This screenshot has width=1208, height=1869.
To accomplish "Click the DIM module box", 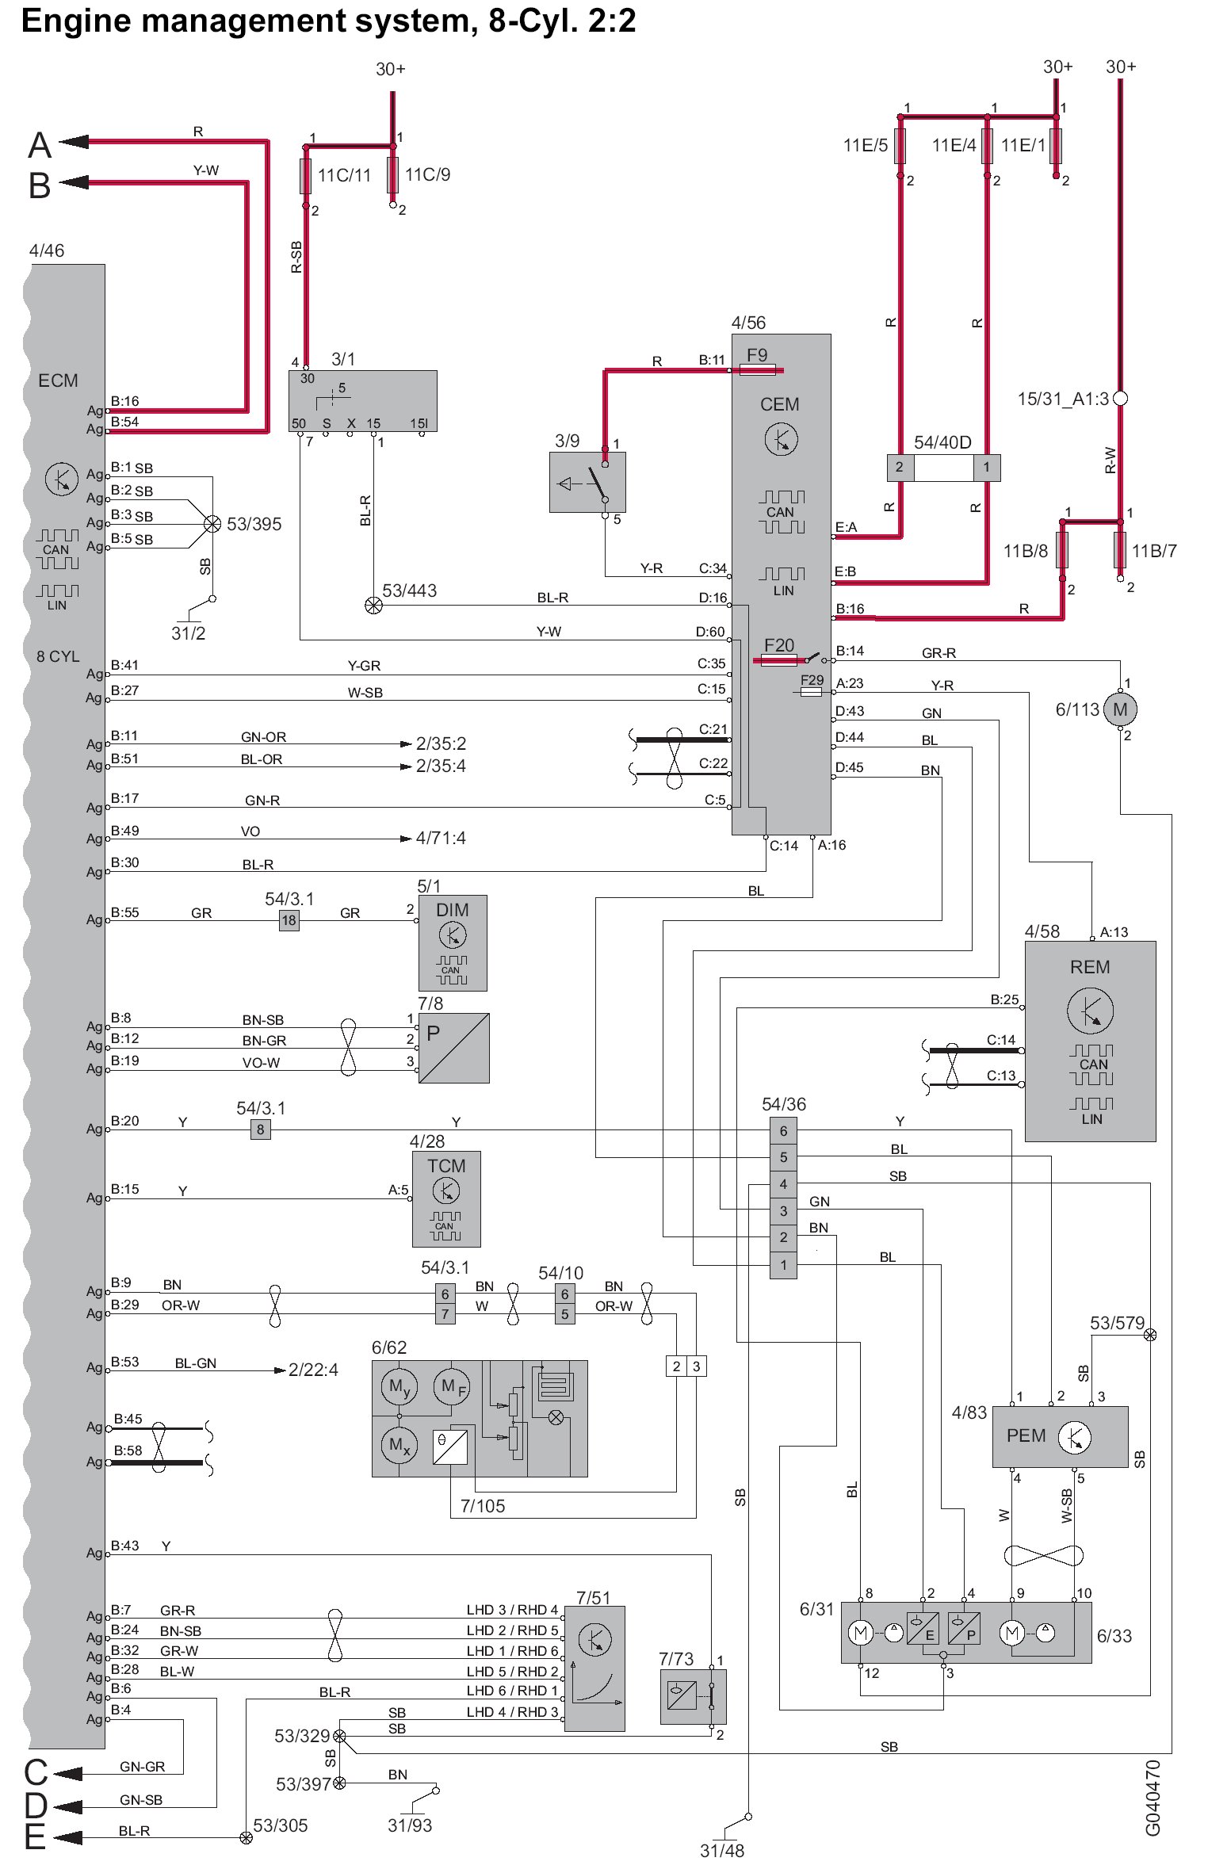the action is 453,943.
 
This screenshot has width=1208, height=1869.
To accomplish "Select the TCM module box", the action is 446,1199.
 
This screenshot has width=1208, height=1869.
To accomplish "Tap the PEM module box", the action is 1060,1436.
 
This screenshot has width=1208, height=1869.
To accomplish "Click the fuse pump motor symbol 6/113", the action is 1120,709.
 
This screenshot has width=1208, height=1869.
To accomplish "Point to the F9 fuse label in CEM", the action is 757,355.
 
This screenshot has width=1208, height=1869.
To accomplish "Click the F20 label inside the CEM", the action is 779,645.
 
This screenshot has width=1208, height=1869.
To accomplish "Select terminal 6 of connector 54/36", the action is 783,1131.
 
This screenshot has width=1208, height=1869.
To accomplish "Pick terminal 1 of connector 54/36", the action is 783,1265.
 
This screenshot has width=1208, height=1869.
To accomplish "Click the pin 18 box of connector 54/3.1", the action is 289,920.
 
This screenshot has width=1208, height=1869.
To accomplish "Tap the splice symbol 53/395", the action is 212,524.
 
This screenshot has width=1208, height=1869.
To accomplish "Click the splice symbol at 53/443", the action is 373,606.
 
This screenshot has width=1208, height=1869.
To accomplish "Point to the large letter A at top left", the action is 40,146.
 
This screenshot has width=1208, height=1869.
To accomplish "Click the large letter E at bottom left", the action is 35,1837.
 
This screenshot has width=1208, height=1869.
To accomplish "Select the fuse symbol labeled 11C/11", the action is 305,176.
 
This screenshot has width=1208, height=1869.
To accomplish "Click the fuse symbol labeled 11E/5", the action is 900,146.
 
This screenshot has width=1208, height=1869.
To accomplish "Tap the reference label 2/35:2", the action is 441,743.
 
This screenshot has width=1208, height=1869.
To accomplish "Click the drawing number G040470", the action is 1153,1798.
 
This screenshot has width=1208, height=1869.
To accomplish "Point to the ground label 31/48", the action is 722,1851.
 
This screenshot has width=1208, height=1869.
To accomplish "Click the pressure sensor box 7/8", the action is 454,1048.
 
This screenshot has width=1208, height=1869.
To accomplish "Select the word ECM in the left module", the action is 58,380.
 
